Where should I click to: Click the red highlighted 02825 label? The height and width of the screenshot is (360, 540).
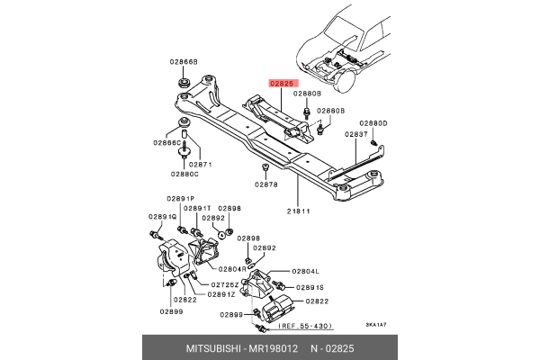[280, 83]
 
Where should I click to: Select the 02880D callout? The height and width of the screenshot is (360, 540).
[373, 122]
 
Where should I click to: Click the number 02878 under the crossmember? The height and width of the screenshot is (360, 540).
[265, 184]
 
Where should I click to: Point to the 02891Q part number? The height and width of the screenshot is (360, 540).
[162, 217]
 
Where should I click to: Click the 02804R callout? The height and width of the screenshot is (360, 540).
[231, 269]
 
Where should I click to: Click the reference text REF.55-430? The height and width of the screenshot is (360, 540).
[305, 327]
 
